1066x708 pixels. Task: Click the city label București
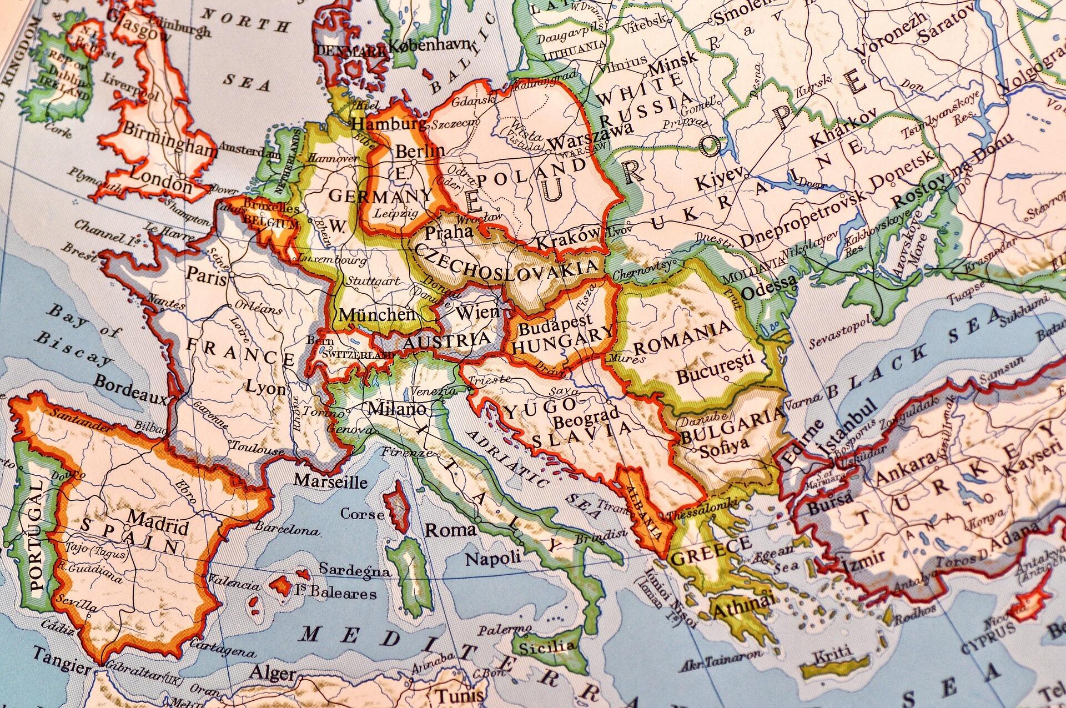[715, 369]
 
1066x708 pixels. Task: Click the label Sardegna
[354, 570]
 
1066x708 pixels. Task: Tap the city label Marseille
[330, 481]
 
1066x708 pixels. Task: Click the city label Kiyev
[718, 179]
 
